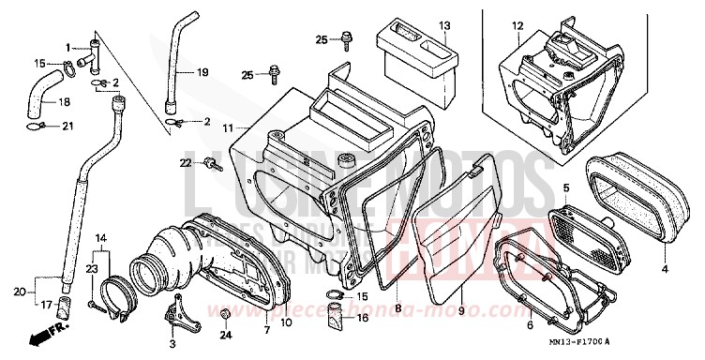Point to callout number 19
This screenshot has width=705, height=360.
click(202, 72)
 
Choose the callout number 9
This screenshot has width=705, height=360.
click(460, 307)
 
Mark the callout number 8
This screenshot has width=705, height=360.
click(397, 307)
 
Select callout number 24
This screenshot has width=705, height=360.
click(224, 335)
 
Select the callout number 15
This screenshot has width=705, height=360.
click(39, 64)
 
